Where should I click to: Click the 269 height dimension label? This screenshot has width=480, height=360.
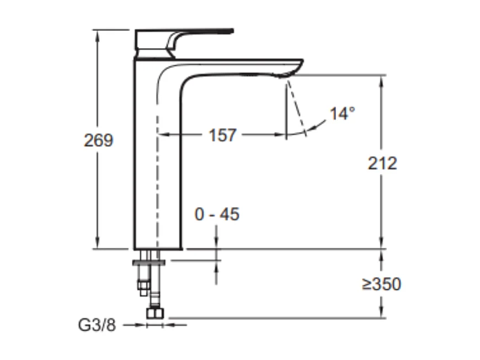click(98, 140)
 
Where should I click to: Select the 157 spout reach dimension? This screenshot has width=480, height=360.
click(222, 135)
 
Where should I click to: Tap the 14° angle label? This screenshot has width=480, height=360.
click(342, 114)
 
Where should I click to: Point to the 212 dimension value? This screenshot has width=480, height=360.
click(382, 163)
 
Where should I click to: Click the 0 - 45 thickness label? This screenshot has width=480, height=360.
click(217, 214)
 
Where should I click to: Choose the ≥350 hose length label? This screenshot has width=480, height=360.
click(381, 284)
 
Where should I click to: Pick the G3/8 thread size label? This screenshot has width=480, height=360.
click(97, 325)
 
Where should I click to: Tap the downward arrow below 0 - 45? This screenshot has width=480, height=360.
click(216, 243)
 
